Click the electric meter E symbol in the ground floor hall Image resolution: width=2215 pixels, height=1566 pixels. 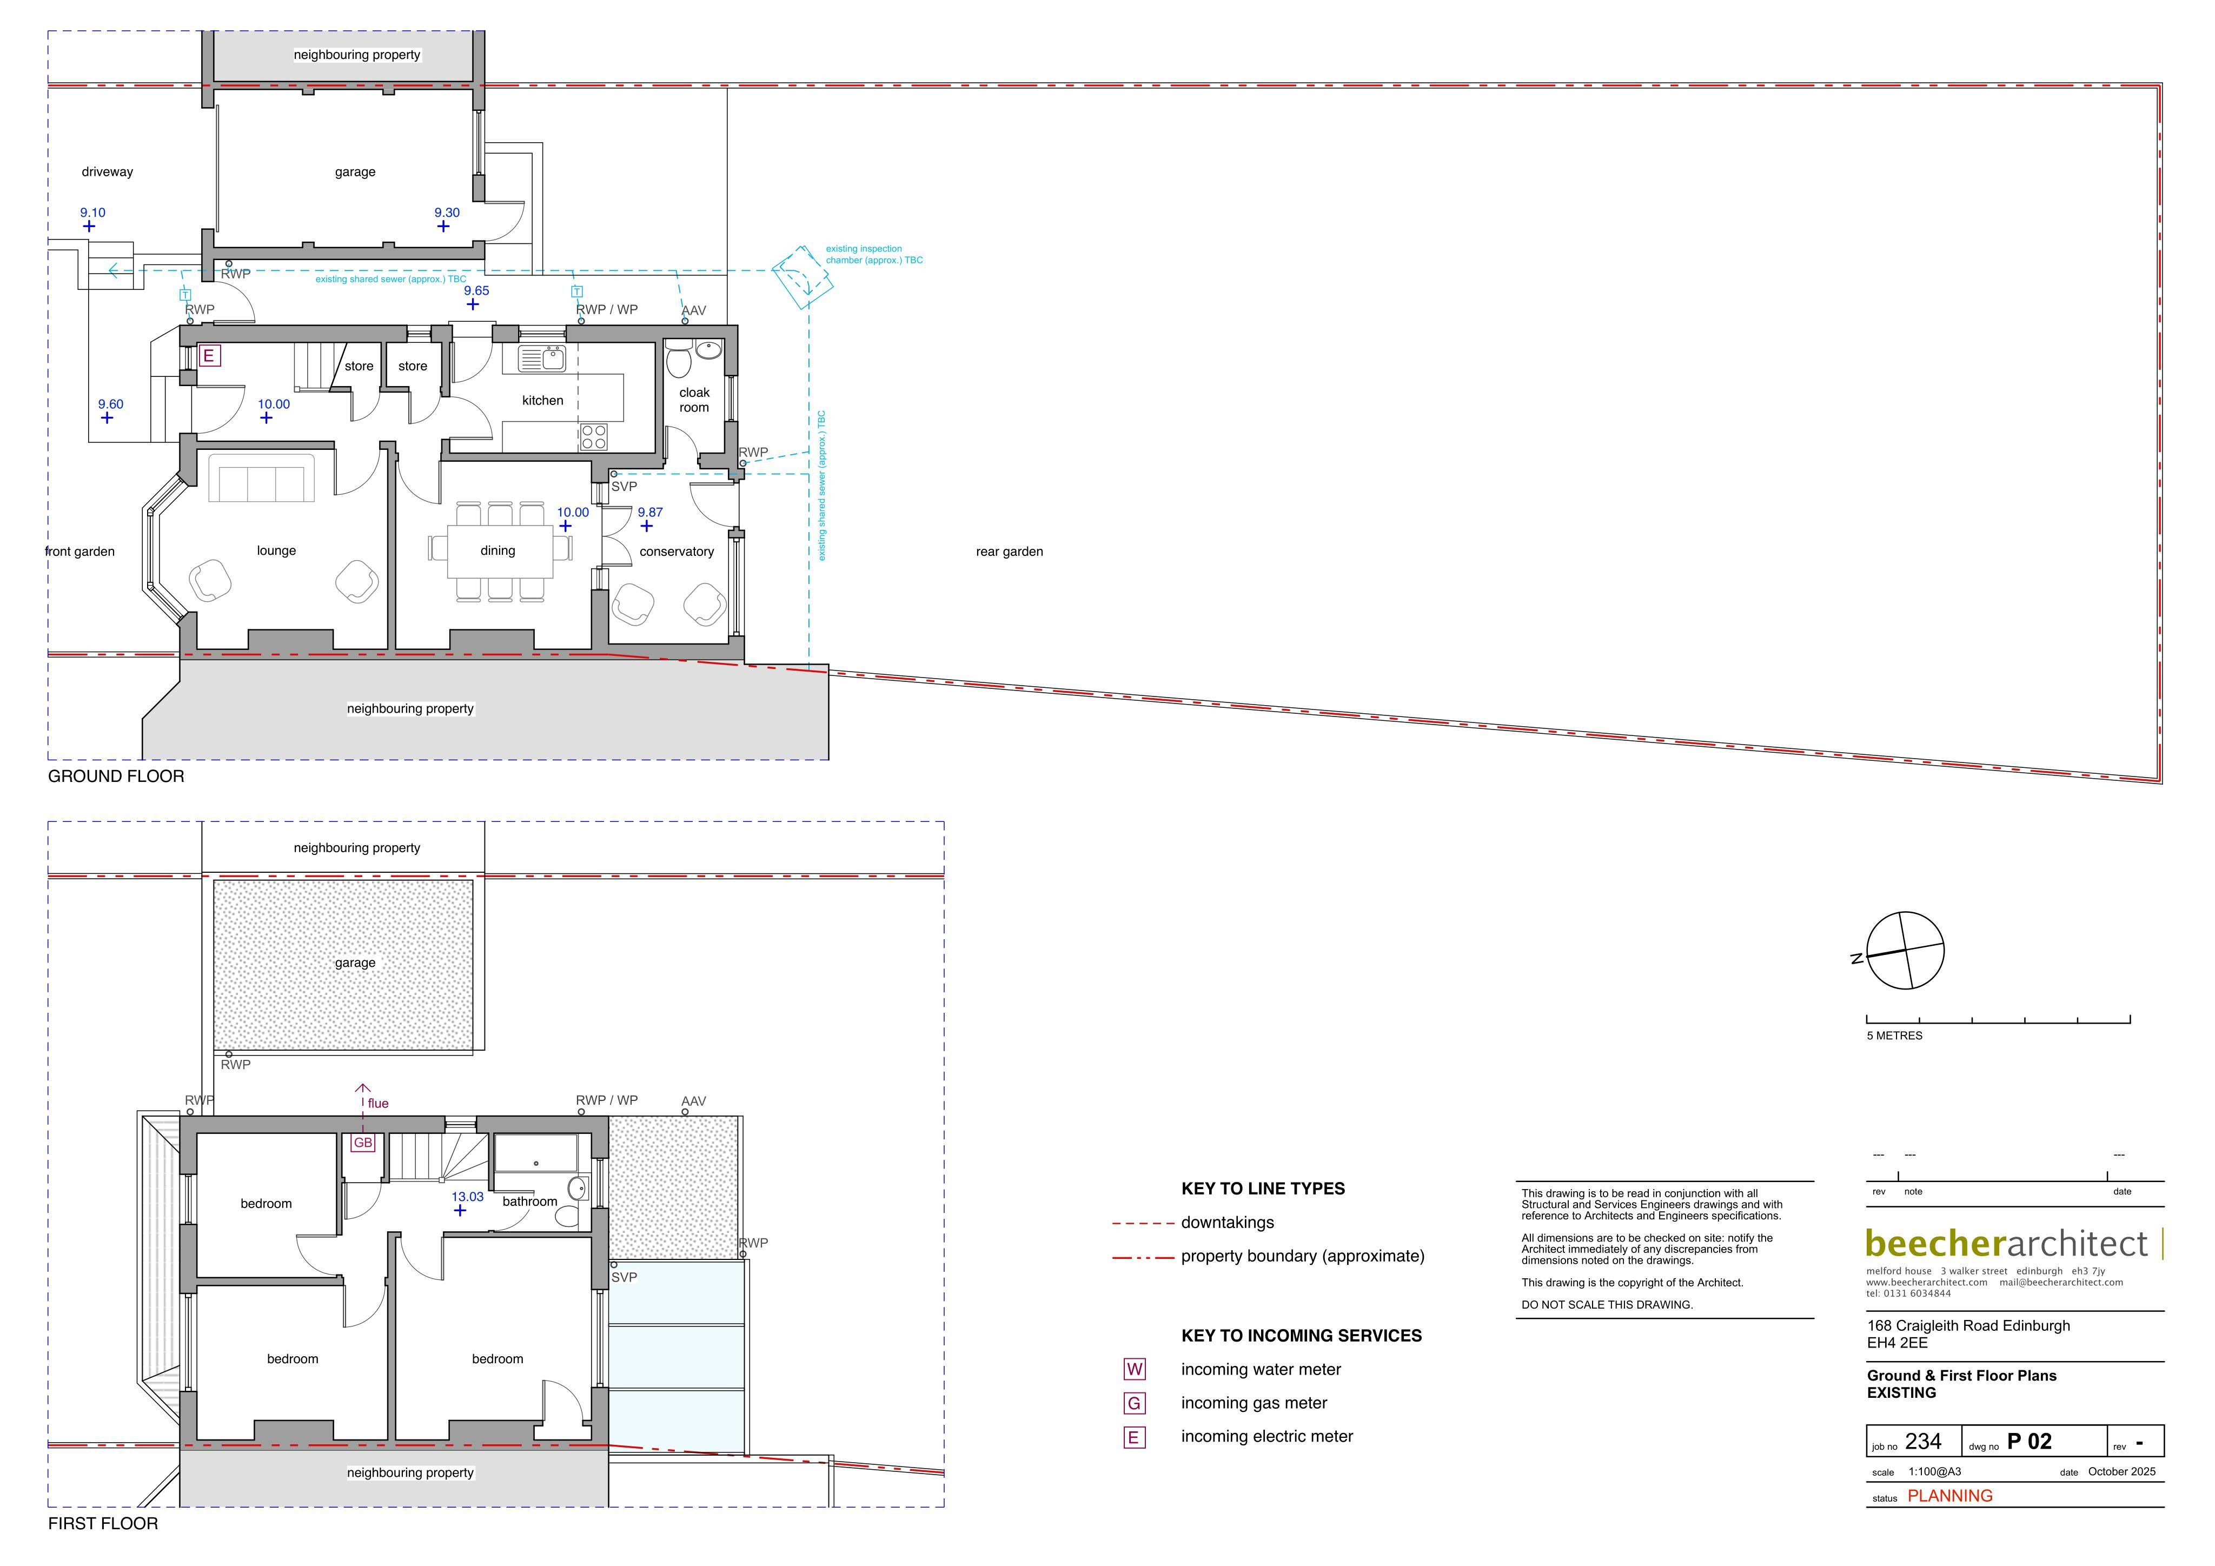tap(208, 356)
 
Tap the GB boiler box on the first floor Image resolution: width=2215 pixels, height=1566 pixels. tap(363, 1143)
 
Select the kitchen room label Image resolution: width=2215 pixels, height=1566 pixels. tap(542, 401)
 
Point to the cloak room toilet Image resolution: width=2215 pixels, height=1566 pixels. tap(678, 357)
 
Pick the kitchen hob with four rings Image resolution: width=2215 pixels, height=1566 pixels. tap(594, 437)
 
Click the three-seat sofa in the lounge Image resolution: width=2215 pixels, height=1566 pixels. tap(261, 477)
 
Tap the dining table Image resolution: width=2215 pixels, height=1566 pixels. tap(500, 551)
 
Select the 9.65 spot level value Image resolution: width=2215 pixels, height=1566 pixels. tap(476, 290)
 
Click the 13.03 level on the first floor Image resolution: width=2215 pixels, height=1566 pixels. tap(468, 1197)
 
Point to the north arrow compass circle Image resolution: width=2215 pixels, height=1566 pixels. tap(1905, 951)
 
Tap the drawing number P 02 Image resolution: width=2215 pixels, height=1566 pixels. tap(2030, 1442)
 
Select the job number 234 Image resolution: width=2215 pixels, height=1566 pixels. tap(1922, 1442)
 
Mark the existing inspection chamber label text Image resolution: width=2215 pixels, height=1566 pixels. tap(874, 255)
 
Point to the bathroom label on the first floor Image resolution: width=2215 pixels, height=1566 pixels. tap(529, 1202)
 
